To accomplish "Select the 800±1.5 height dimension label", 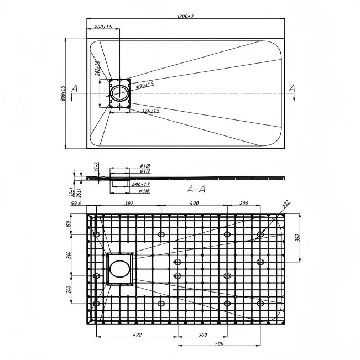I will pos(64,93).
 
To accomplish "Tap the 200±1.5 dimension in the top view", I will pos(103,27).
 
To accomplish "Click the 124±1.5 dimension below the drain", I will pos(151,111).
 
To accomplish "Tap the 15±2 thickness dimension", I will pos(96,166).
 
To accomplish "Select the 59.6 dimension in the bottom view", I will pos(76,204).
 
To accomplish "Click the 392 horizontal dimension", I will pos(128,204).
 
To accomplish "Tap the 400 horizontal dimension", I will pos(195,204).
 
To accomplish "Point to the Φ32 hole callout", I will pos(285,205).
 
